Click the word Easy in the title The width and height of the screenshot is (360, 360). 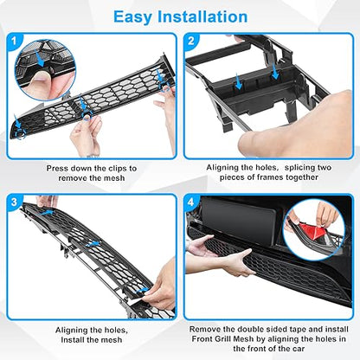pos(132,17)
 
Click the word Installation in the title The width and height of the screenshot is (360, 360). pos(202,16)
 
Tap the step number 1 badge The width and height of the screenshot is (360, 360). pos(14,42)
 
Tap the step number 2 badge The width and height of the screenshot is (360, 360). pos(190,41)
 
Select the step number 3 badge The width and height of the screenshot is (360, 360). pos(14,202)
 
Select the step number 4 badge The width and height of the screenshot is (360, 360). pos(190,202)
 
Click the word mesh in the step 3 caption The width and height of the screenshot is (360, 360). pos(112,340)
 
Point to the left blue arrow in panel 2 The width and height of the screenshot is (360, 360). pos(239,81)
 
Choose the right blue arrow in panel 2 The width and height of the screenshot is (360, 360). pos(275,72)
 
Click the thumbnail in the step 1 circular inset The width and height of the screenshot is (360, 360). pos(41,77)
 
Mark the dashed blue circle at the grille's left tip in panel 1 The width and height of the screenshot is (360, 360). pos(20,134)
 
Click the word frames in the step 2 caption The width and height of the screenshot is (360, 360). pos(270,177)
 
